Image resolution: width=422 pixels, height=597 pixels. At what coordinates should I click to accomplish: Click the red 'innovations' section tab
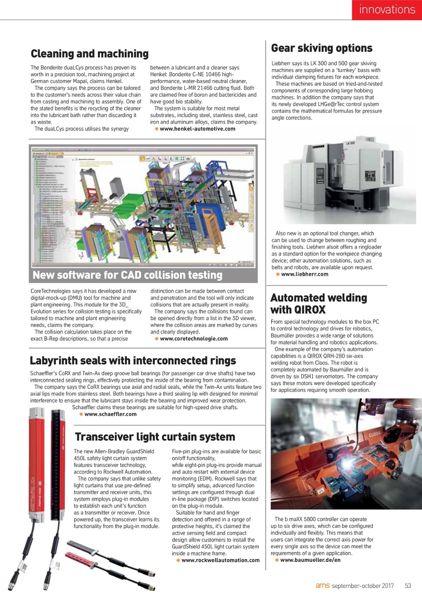pos(386,10)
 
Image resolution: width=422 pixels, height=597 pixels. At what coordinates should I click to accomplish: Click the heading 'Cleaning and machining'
pos(89,54)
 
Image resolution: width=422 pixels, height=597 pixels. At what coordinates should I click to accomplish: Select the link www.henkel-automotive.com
pos(197,129)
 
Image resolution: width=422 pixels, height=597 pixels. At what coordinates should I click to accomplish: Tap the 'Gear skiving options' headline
pos(321,48)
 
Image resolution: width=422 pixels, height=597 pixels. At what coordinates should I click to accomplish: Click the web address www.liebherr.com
pos(304,274)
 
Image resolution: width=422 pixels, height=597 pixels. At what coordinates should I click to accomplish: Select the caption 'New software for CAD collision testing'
pos(128,275)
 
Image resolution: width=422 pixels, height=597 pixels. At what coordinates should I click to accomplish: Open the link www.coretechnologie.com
pos(193,339)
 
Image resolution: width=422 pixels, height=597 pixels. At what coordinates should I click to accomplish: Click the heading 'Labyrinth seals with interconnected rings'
pos(133,361)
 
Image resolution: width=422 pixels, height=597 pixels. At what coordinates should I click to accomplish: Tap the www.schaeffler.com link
pos(110,414)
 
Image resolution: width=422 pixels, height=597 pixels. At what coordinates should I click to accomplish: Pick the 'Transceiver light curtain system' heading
pos(155,437)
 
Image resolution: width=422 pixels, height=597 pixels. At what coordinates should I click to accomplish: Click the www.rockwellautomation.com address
pos(220,561)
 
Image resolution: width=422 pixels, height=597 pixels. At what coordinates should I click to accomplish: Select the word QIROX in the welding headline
pos(310,310)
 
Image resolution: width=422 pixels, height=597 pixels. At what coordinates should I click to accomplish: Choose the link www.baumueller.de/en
pos(310,560)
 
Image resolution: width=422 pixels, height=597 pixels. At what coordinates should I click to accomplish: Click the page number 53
pos(408,586)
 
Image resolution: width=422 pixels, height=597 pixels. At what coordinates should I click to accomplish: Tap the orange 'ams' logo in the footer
pos(322,586)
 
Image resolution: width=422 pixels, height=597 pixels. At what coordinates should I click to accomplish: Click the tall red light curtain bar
pos(37,469)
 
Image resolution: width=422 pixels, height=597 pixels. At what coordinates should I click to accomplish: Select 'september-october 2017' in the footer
pos(363,586)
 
